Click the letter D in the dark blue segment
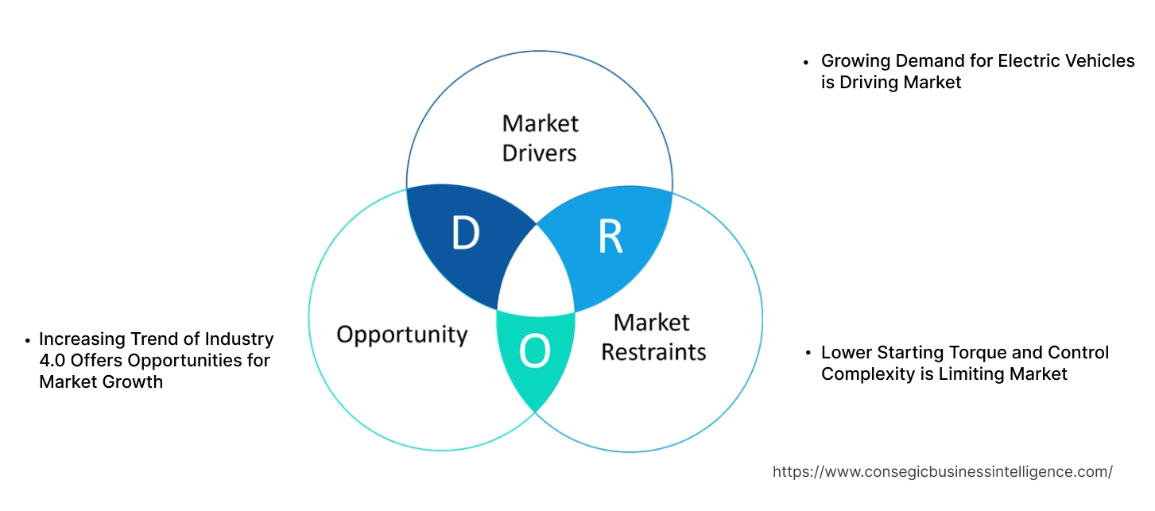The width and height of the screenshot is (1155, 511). pyautogui.click(x=465, y=233)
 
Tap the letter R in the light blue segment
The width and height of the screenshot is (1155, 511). pyautogui.click(x=610, y=235)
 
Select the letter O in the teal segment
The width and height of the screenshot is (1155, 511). pyautogui.click(x=535, y=352)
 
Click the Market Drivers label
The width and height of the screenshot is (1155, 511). pyautogui.click(x=540, y=137)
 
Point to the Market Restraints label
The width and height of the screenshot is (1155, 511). pyautogui.click(x=653, y=337)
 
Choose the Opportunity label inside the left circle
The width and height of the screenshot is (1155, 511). pyautogui.click(x=401, y=335)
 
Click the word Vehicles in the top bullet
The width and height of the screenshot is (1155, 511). pyautogui.click(x=1101, y=60)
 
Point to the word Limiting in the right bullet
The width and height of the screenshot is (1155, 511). pyautogui.click(x=970, y=374)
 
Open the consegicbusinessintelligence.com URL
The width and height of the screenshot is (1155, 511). pyautogui.click(x=942, y=471)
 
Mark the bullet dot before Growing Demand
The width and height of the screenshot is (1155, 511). pyautogui.click(x=807, y=61)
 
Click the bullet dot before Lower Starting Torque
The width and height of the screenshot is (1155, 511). pyautogui.click(x=807, y=352)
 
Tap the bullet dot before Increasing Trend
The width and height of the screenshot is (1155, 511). pyautogui.click(x=27, y=339)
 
